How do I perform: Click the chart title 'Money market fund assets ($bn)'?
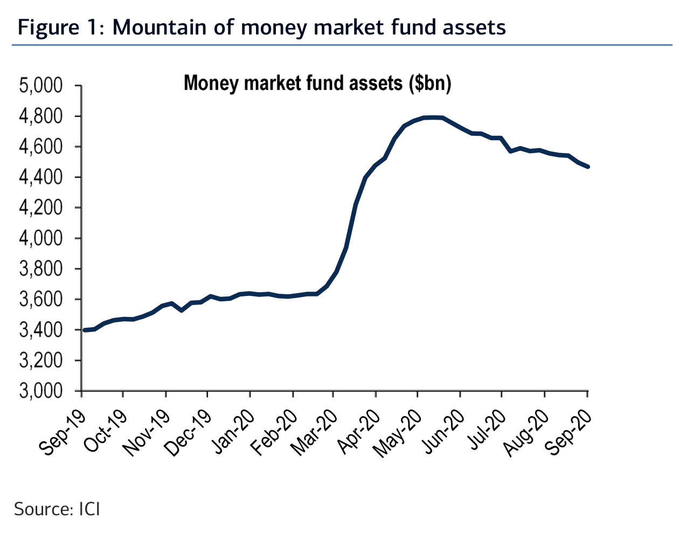pyautogui.click(x=317, y=84)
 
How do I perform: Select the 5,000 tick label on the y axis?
pyautogui.click(x=41, y=86)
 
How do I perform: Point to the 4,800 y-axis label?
pyautogui.click(x=41, y=116)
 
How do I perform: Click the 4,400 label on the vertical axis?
pyautogui.click(x=41, y=177)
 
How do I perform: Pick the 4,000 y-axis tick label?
pyautogui.click(x=41, y=238)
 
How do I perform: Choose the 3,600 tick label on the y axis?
pyautogui.click(x=41, y=300)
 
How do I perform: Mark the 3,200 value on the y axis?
pyautogui.click(x=41, y=361)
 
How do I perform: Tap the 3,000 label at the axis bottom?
pyautogui.click(x=41, y=391)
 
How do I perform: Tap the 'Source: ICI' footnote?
pyautogui.click(x=57, y=509)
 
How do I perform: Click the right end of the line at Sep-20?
pyautogui.click(x=587, y=167)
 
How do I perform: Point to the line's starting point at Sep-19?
pyautogui.click(x=85, y=330)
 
